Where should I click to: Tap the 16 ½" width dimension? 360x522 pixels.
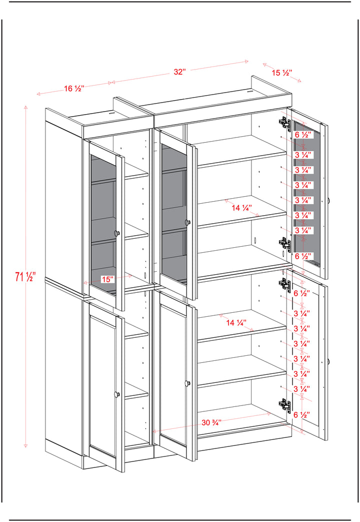point(74,89)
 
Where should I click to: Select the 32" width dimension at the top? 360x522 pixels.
point(179,72)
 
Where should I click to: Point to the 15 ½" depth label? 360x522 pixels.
point(282,72)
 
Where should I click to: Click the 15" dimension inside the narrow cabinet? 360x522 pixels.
point(108,279)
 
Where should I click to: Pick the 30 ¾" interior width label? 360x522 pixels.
point(211,422)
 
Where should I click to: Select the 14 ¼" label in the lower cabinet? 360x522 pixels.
point(236,322)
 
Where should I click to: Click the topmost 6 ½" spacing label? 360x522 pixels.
point(303,135)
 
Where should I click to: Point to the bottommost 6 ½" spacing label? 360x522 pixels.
point(302,414)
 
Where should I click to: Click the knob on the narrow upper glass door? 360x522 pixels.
point(117,233)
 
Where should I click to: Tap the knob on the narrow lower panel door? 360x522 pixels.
point(116,394)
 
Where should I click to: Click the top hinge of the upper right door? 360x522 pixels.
point(285,122)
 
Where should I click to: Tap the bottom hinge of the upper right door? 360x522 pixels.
point(285,243)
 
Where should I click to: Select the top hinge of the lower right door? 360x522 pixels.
point(285,284)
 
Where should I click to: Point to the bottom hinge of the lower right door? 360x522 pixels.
point(285,404)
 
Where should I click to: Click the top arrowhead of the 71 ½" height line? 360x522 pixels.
point(25,107)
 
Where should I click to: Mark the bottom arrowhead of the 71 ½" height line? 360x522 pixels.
point(25,445)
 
